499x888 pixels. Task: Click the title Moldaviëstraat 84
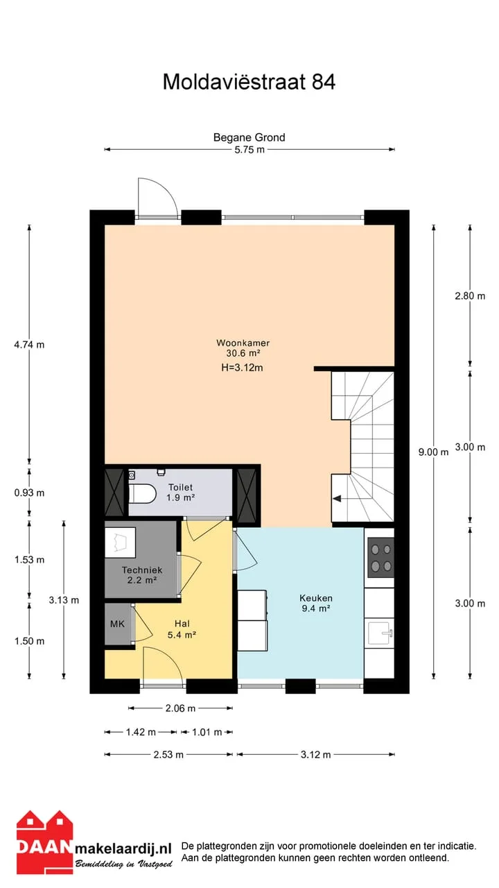point(249,82)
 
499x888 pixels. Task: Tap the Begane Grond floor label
point(249,137)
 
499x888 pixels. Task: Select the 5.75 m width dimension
point(249,150)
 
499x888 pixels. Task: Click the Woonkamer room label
point(243,343)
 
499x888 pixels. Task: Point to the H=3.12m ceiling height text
point(242,368)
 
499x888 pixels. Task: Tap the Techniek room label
point(142,570)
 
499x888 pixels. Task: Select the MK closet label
point(117,624)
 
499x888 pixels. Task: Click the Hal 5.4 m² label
point(182,629)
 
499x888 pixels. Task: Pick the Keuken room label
point(316,598)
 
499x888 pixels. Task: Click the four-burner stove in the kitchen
point(381,557)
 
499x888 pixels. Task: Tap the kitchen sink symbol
point(380,633)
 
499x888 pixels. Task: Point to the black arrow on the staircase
point(337,499)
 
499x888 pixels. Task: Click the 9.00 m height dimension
point(434,452)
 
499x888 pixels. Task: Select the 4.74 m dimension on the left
point(29,345)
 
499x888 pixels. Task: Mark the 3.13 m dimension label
point(64,600)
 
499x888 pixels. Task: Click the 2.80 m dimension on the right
point(470,296)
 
